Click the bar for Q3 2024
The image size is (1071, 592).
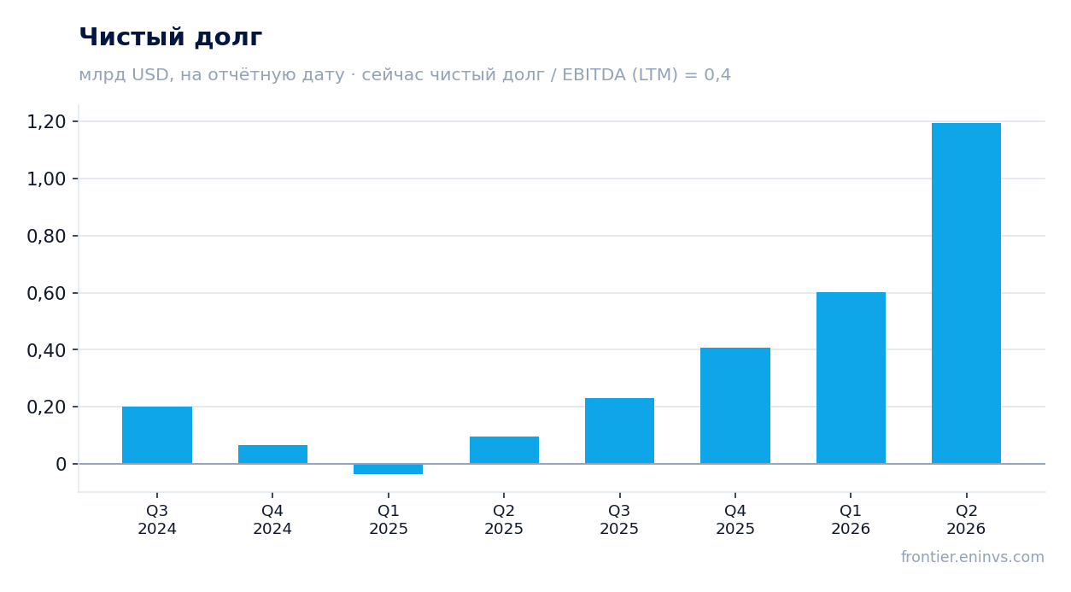(x=157, y=435)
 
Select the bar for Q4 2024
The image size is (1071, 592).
(x=272, y=454)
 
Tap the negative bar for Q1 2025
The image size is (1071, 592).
(x=389, y=469)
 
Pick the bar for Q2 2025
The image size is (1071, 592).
(x=504, y=450)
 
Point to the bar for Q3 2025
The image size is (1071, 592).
(x=620, y=431)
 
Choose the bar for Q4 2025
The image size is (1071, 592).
(x=735, y=406)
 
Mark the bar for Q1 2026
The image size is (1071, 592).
(x=851, y=378)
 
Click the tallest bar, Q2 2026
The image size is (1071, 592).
(x=966, y=294)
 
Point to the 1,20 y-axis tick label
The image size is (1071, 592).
(x=46, y=122)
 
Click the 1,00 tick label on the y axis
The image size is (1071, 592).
(x=46, y=179)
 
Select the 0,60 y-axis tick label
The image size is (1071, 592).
(x=46, y=294)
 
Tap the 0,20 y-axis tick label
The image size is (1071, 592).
(x=46, y=407)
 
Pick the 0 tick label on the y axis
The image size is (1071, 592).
(x=61, y=465)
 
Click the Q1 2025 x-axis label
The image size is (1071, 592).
(x=389, y=519)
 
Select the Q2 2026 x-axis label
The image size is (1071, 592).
(x=966, y=519)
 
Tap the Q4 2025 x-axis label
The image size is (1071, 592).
(x=735, y=519)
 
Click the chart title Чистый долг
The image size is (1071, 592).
(x=171, y=38)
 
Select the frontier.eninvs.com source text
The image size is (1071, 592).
(x=973, y=557)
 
